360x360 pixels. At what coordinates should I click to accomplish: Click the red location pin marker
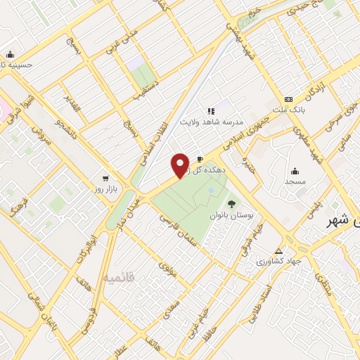click(x=181, y=165)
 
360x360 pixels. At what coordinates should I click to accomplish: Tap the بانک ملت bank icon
click(x=288, y=99)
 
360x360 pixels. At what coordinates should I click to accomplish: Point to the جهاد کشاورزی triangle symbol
click(x=279, y=251)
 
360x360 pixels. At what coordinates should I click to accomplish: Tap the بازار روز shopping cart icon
click(x=105, y=179)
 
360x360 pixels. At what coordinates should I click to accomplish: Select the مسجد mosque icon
click(x=294, y=170)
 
